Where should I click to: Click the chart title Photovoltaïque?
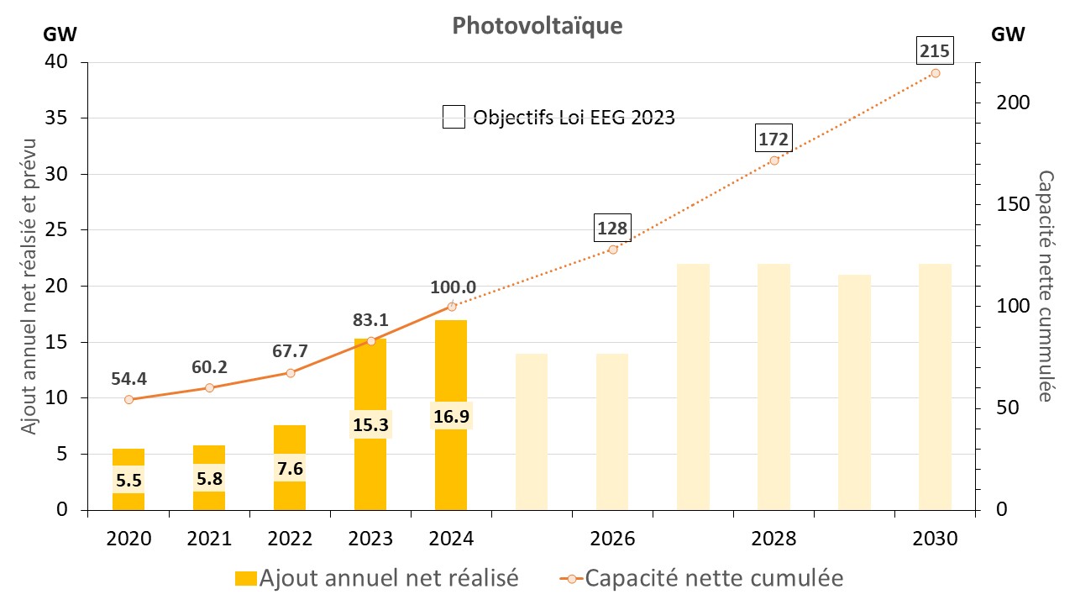[x=537, y=26]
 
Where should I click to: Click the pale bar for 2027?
[x=693, y=387]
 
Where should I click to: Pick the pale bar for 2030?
[x=935, y=387]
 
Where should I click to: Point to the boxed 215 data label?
[x=935, y=52]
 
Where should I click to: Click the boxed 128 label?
[x=612, y=228]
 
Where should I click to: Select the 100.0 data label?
[x=454, y=287]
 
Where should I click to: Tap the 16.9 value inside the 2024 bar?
[x=451, y=414]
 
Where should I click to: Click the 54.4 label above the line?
[x=128, y=378]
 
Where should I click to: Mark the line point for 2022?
[x=290, y=373]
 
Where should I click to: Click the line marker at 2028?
[x=773, y=160]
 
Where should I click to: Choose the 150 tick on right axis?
[x=1007, y=204]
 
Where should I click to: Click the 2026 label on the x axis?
[x=612, y=538]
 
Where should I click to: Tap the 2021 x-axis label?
[x=209, y=538]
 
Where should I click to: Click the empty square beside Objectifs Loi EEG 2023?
[x=454, y=117]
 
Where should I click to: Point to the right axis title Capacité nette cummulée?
[x=1046, y=286]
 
